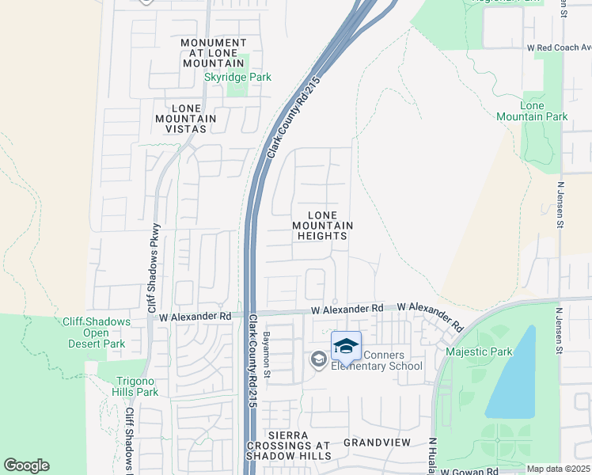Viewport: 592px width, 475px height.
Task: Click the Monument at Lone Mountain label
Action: pyautogui.click(x=213, y=52)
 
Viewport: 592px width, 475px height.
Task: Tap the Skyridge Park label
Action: pyautogui.click(x=237, y=78)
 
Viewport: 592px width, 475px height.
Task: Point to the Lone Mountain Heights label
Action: pyautogui.click(x=322, y=226)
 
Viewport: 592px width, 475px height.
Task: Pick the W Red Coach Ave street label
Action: pyautogui.click(x=557, y=48)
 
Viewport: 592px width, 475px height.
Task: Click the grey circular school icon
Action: pyautogui.click(x=318, y=360)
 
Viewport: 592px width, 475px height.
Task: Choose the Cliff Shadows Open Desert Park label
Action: pyautogui.click(x=97, y=332)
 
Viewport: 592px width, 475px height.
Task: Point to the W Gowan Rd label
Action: pyautogui.click(x=470, y=471)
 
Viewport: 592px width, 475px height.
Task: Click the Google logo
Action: pyautogui.click(x=26, y=465)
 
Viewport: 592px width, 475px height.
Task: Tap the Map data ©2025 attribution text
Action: pyautogui.click(x=558, y=469)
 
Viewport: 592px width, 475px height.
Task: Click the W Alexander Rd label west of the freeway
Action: pyautogui.click(x=195, y=316)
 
